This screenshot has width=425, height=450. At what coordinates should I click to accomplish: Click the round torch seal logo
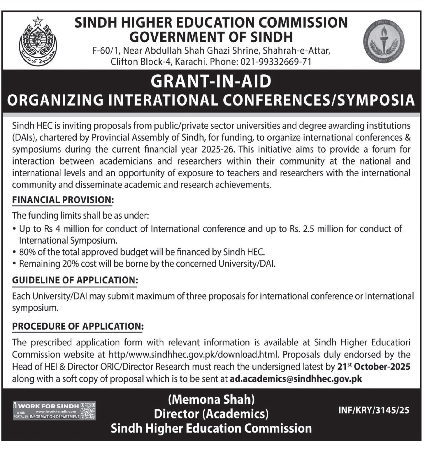[384, 41]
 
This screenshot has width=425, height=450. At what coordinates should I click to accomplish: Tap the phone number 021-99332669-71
[275, 62]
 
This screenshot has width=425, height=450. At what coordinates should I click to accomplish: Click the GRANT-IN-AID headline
[211, 81]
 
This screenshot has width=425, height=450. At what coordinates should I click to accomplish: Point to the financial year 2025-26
[219, 149]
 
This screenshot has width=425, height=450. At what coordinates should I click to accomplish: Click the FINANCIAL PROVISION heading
[63, 200]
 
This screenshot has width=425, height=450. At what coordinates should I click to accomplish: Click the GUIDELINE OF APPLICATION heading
[75, 280]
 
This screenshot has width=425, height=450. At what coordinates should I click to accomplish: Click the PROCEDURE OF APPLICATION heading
[78, 326]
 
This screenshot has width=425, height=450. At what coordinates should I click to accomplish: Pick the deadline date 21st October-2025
[374, 367]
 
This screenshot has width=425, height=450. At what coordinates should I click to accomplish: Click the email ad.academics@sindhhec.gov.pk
[296, 379]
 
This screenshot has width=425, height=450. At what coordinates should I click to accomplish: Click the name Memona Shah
[211, 399]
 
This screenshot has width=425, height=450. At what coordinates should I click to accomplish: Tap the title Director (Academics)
[211, 414]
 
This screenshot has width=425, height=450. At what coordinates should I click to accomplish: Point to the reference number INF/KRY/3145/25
[374, 410]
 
